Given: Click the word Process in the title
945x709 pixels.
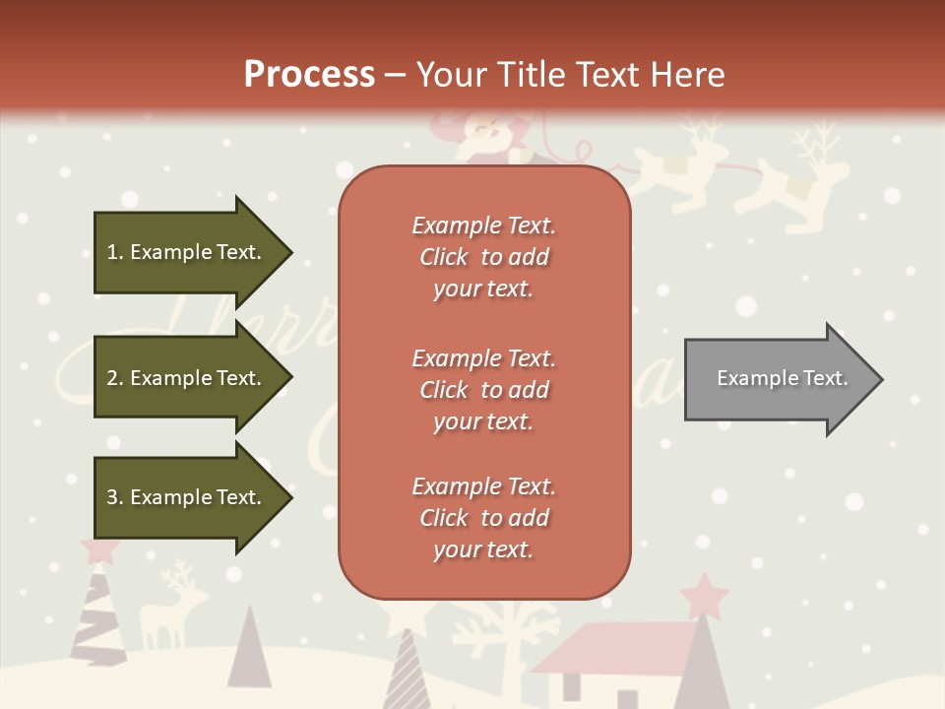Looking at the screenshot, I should [309, 75].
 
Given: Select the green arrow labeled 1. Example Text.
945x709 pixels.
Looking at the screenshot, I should [187, 252].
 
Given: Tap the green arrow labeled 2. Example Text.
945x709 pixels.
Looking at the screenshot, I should [187, 378].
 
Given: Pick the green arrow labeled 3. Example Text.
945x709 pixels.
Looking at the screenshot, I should [187, 497].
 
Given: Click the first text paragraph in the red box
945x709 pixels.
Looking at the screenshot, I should [483, 257].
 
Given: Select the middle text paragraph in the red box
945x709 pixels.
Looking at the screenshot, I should [483, 390].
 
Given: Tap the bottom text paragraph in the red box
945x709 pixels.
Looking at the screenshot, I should [483, 518].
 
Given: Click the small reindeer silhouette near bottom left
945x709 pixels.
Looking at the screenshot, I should [172, 606].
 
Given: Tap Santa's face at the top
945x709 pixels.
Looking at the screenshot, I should [482, 128].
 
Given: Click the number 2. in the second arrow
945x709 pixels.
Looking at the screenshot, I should [114, 378].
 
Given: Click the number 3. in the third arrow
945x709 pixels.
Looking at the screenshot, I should [114, 497].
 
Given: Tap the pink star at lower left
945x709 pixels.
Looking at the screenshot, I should [98, 549].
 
